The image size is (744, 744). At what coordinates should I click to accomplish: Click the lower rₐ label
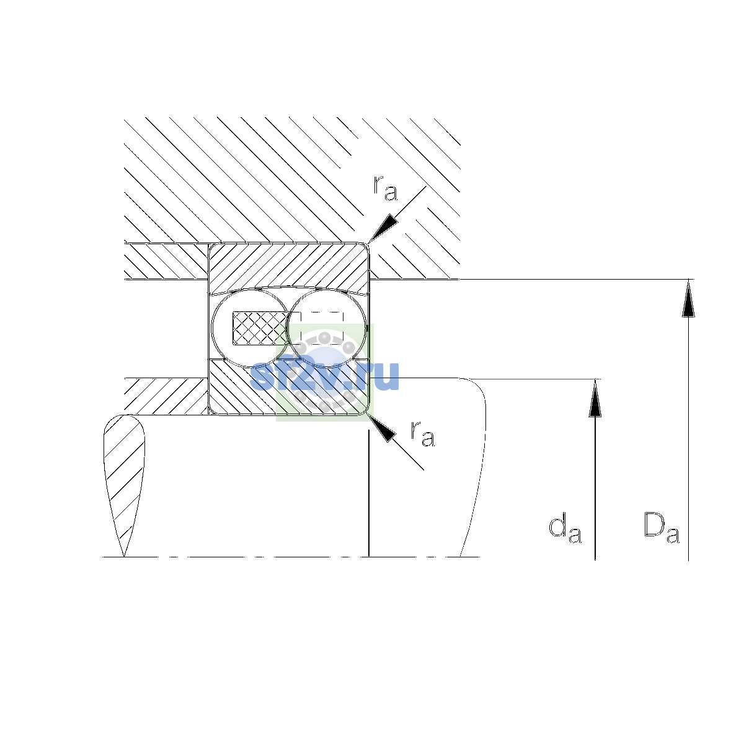pos(422,433)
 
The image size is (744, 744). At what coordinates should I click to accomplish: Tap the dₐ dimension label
pos(565,528)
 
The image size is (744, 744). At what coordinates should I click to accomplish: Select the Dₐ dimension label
pos(662,528)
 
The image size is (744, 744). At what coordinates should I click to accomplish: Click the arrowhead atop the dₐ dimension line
pos(595,397)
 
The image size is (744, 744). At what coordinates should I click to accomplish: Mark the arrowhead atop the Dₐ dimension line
pos(688,298)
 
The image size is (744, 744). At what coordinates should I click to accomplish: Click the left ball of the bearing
pos(250,328)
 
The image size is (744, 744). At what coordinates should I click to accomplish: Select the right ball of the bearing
pos(327,328)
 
